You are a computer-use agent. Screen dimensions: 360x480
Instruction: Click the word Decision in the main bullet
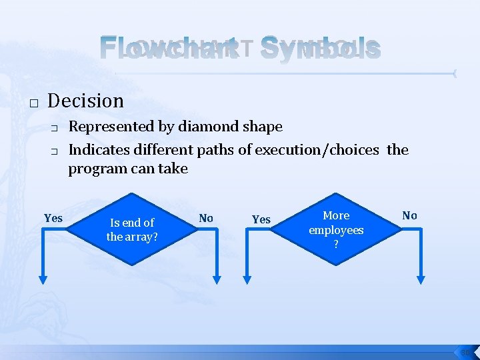(x=86, y=101)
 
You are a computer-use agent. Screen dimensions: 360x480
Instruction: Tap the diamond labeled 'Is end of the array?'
(x=132, y=229)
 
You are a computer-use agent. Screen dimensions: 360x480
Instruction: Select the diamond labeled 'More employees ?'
(x=336, y=229)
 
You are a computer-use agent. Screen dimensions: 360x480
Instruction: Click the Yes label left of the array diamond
(x=53, y=219)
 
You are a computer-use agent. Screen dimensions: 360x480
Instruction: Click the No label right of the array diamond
(x=206, y=218)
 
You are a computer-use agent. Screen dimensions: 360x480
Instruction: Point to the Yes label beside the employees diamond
(x=261, y=219)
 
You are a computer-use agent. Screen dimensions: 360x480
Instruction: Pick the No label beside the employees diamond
(x=409, y=215)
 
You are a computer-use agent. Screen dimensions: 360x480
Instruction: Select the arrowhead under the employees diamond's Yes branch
(x=248, y=279)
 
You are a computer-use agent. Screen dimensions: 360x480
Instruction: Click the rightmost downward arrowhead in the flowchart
(x=421, y=279)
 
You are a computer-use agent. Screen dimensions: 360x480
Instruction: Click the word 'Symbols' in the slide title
(x=321, y=48)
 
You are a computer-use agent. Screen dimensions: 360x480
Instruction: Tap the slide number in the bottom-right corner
(x=465, y=352)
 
